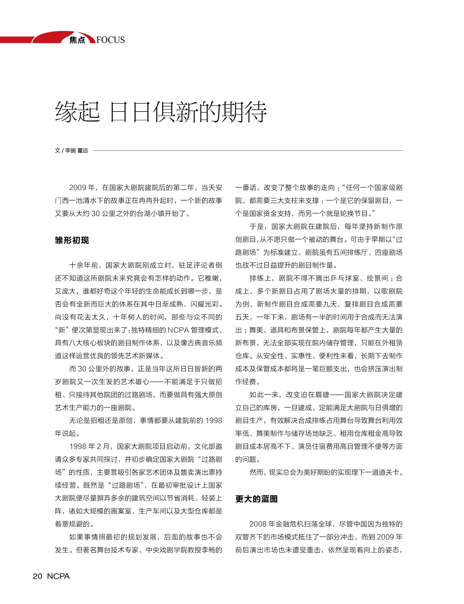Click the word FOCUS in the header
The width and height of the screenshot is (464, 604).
pyautogui.click(x=111, y=40)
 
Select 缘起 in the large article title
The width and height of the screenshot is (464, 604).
pyautogui.click(x=77, y=112)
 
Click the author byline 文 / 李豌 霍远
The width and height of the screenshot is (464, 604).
pyautogui.click(x=71, y=150)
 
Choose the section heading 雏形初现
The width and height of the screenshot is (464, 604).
pyautogui.click(x=72, y=240)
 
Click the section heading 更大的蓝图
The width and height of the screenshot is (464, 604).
pyautogui.click(x=256, y=499)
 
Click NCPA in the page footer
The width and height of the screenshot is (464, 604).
pyautogui.click(x=58, y=576)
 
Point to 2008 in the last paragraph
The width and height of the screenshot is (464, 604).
pyautogui.click(x=258, y=524)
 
